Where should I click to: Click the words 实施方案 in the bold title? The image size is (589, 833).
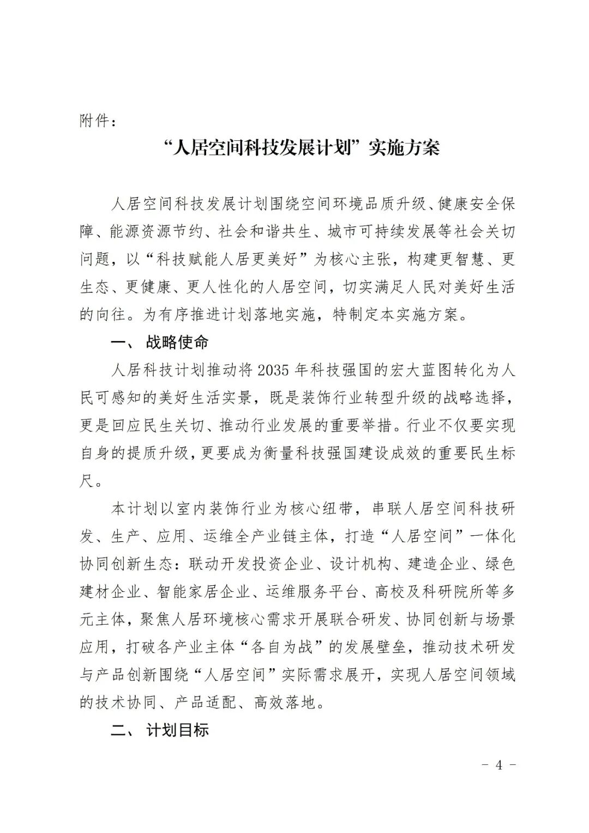(404, 148)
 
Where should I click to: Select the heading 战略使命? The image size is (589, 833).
(177, 343)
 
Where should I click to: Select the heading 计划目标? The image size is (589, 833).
(177, 730)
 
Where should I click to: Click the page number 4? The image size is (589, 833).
(498, 764)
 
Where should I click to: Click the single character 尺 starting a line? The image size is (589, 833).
(87, 481)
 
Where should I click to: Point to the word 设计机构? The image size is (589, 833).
(360, 564)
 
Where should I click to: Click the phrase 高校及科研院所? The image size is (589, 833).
(429, 592)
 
